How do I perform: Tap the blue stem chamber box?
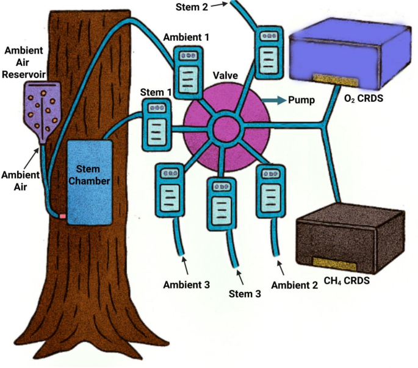(90, 183)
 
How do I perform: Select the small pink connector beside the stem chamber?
(63, 216)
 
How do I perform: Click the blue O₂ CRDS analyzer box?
(350, 57)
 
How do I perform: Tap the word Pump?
(301, 100)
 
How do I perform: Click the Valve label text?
(225, 76)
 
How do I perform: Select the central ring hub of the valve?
(225, 129)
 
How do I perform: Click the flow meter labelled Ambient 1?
(188, 73)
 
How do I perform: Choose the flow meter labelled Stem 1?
(157, 125)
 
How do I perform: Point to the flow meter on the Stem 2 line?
(269, 52)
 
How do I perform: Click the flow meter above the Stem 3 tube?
(222, 204)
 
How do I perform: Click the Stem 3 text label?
(245, 294)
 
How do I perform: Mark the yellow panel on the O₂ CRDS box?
(336, 80)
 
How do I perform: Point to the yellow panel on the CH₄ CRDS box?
(334, 264)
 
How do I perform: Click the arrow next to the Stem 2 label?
(219, 5)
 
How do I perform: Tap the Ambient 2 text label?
(295, 285)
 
